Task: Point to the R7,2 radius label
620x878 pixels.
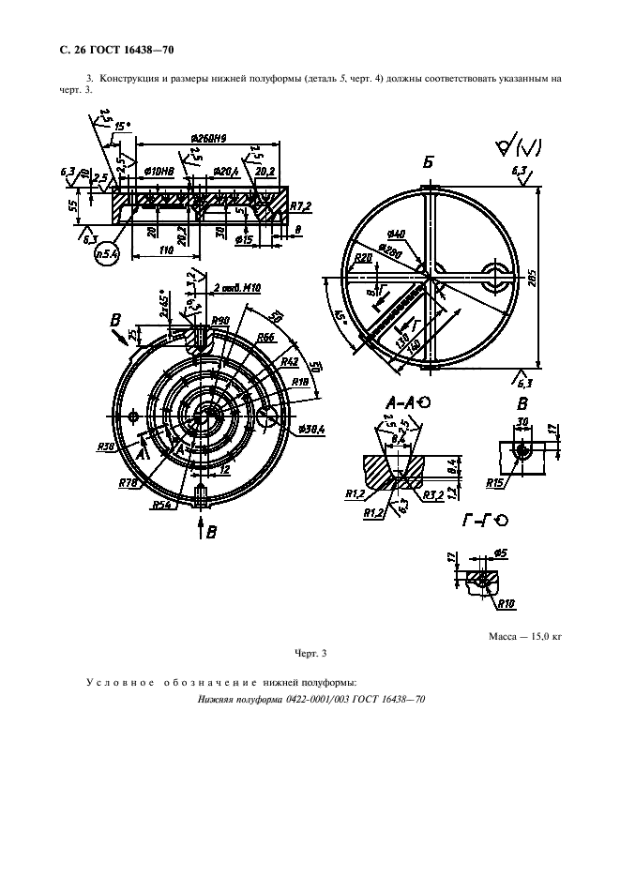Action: [x=299, y=204]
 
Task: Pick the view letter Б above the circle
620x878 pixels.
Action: [x=429, y=164]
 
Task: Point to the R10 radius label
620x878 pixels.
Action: [x=507, y=605]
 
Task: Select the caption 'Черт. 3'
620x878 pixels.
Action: [x=310, y=652]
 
